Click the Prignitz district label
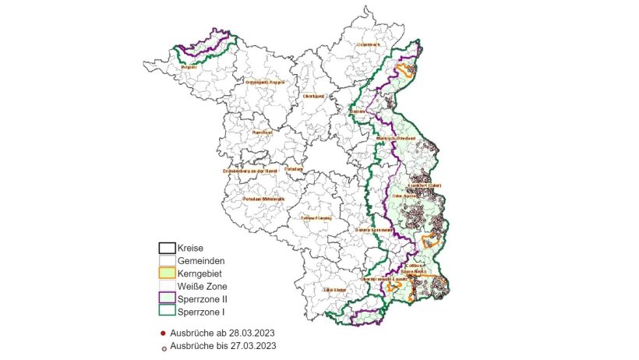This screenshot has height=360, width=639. click(188, 68)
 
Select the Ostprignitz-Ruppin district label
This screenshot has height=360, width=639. click(266, 82)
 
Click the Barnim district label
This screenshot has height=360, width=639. click(358, 111)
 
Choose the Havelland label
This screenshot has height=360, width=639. click(262, 132)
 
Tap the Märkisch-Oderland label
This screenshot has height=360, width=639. click(394, 139)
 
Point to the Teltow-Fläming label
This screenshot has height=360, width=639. click(316, 218)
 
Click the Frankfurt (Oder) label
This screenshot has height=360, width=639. click(425, 185)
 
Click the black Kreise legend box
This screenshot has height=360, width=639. click(167, 249)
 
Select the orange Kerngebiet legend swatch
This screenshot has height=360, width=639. click(167, 274)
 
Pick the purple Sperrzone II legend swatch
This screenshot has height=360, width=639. click(167, 299)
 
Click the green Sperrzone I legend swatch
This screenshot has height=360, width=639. click(167, 312)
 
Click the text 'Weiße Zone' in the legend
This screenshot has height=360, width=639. click(203, 287)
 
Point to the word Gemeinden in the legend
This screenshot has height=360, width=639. click(203, 261)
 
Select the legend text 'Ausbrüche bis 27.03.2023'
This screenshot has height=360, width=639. click(222, 345)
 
